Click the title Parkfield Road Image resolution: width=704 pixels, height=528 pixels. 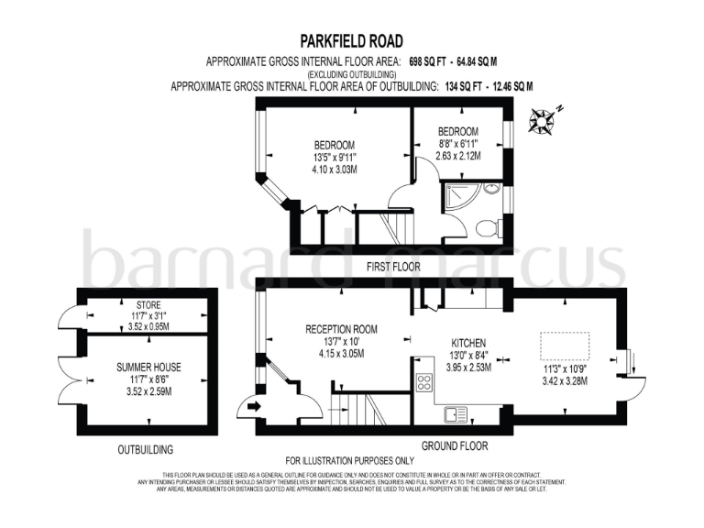coord(352,41)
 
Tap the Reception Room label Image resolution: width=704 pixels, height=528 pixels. coord(342,329)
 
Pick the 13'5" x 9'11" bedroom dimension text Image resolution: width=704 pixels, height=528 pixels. coord(335,158)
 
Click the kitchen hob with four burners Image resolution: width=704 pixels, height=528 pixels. coord(424,382)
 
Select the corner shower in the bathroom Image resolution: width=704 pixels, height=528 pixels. coord(458,195)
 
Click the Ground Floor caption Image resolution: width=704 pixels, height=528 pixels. coord(455,445)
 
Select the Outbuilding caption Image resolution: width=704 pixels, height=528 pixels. coord(146,450)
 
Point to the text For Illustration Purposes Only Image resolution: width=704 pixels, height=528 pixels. coord(351,459)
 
